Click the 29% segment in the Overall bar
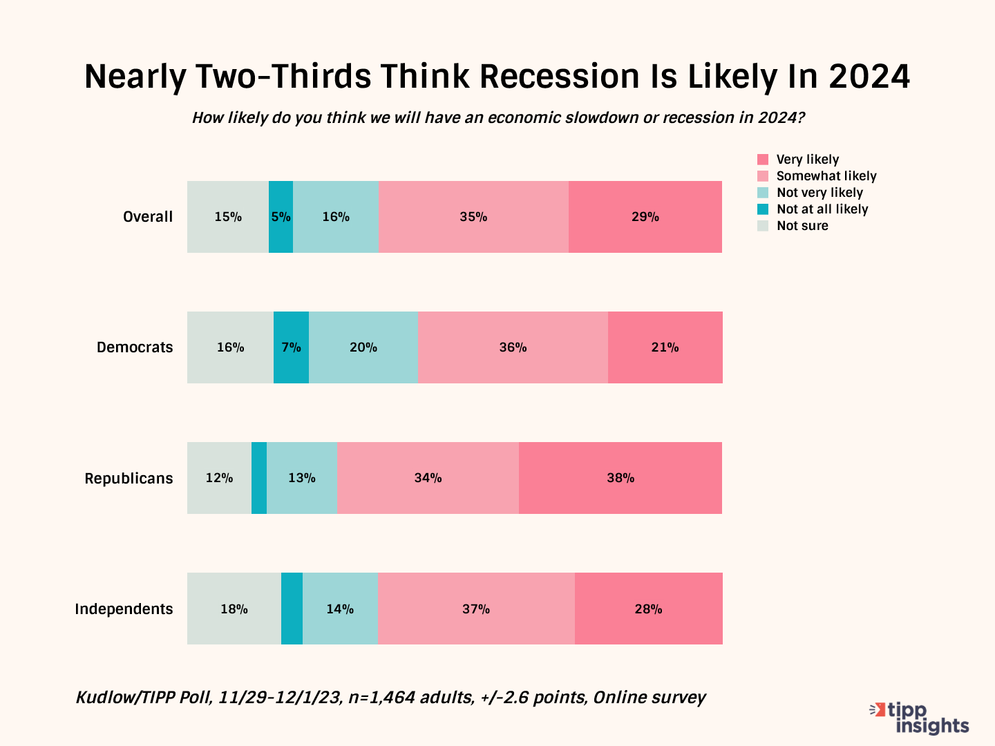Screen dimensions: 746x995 pos(645,217)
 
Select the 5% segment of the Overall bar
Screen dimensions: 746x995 pos(281,217)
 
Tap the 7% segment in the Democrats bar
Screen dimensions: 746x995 pos(291,347)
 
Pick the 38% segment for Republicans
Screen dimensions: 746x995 pos(620,478)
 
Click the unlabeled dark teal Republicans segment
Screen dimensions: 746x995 pos(259,478)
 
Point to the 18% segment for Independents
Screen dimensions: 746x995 pos(234,609)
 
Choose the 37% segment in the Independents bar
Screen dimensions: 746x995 pos(476,609)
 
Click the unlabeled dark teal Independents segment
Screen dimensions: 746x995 pos(292,609)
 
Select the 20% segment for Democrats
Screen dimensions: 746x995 pos(363,347)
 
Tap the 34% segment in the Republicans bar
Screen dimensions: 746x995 pos(428,478)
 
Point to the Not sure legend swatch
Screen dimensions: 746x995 pos(763,226)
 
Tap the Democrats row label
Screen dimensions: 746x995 pos(135,347)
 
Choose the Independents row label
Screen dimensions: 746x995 pos(124,609)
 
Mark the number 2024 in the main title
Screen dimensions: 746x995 pos(869,76)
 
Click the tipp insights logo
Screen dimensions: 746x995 pos(920,718)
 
